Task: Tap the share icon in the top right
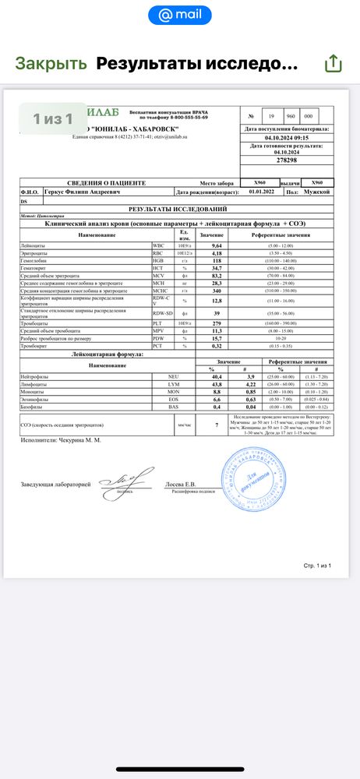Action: point(333,63)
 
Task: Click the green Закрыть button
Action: point(51,63)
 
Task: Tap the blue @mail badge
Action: point(179,15)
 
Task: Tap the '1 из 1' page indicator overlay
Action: point(52,118)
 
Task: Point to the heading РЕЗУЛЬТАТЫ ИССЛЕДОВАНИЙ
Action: point(178,210)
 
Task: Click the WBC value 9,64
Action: point(211,245)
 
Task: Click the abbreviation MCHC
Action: point(161,290)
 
